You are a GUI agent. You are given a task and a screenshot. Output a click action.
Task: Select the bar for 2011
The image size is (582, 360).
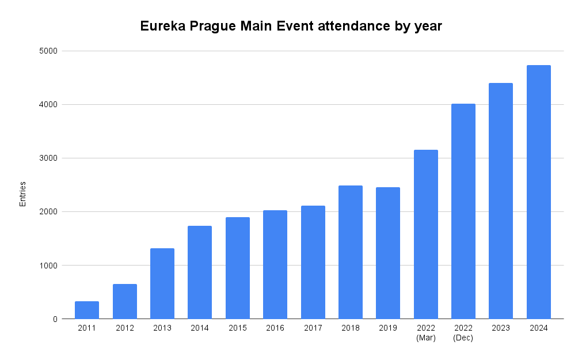point(87,310)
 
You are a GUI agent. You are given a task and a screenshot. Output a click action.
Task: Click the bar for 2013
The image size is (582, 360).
point(162,283)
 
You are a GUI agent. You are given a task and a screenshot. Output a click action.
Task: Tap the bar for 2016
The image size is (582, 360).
point(275,264)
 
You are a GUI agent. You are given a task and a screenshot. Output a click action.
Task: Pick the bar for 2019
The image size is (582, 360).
point(388,253)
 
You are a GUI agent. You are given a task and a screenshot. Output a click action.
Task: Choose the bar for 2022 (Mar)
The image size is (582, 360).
point(426,234)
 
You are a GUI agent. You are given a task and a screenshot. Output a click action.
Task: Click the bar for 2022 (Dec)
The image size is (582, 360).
point(463,211)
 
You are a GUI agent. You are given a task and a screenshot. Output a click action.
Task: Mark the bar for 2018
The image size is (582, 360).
point(351,252)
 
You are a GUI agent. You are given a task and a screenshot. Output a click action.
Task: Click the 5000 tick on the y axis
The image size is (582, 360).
point(50,51)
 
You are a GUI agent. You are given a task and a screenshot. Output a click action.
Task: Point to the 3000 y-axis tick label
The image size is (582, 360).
point(50,158)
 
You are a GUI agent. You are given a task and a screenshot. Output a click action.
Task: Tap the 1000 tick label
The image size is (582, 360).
point(50,266)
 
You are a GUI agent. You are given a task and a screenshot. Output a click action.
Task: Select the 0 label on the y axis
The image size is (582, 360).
point(55,319)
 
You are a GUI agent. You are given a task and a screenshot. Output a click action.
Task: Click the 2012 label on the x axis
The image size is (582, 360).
point(124,328)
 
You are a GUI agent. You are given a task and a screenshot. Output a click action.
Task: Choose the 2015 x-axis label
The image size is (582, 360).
point(237,328)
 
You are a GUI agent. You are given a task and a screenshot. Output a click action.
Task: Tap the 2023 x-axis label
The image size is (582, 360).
point(501,328)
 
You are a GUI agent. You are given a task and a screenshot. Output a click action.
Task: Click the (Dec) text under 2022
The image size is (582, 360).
point(463,338)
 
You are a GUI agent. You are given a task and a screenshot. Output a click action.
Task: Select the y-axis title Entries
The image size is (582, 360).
point(23,194)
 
